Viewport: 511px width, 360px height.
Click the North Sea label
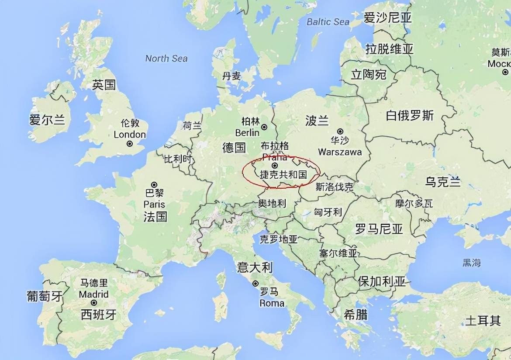click(166, 58)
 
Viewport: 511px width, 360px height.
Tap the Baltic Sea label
click(328, 21)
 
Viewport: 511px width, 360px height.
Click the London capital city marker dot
click(130, 144)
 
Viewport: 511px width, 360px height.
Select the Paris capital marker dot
click(154, 185)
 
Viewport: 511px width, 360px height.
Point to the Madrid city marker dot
click(93, 302)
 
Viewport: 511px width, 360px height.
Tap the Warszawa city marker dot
click(340, 131)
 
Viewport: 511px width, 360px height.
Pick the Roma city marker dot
click(255, 284)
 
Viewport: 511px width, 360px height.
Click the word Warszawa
click(340, 152)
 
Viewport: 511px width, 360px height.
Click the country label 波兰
click(317, 121)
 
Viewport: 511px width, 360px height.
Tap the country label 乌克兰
click(443, 182)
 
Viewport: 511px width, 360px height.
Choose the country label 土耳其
click(482, 321)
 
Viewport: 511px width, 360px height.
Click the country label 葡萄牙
click(45, 296)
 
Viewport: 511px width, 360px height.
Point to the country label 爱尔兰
click(47, 119)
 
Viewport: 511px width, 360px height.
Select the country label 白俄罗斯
click(410, 115)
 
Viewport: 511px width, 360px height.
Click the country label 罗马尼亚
click(379, 228)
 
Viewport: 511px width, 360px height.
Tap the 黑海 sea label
click(472, 263)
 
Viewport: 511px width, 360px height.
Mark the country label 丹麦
click(231, 76)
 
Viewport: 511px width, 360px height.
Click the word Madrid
click(93, 294)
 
